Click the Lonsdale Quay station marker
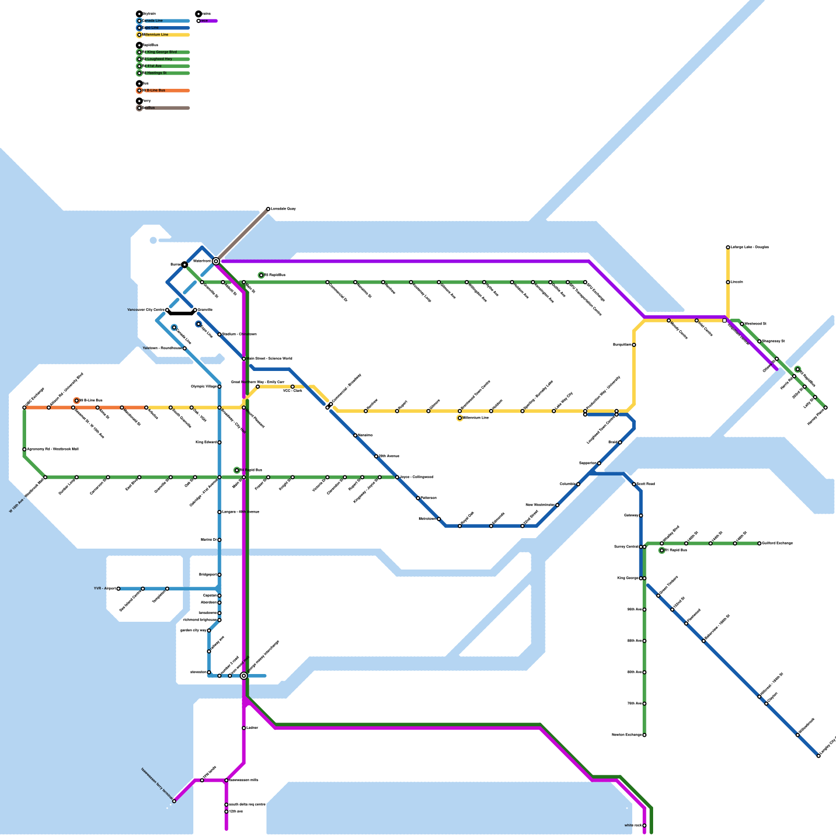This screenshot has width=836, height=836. [x=268, y=209]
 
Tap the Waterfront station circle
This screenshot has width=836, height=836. [x=216, y=261]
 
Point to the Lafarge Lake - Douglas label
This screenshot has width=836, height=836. [x=750, y=247]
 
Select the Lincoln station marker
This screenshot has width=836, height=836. [x=728, y=282]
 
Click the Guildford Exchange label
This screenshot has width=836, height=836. [x=777, y=543]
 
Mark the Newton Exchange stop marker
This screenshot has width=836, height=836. [x=644, y=735]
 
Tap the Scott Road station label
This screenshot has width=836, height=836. [x=646, y=484]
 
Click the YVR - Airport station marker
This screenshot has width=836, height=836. [x=119, y=589]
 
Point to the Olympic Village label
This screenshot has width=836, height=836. [x=204, y=387]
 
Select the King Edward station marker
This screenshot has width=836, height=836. [x=219, y=443]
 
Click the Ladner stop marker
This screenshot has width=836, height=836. [x=243, y=728]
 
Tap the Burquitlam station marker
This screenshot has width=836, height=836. [x=634, y=345]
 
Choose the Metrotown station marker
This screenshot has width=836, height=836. [x=439, y=519]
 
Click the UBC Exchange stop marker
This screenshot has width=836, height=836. [x=25, y=408]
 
